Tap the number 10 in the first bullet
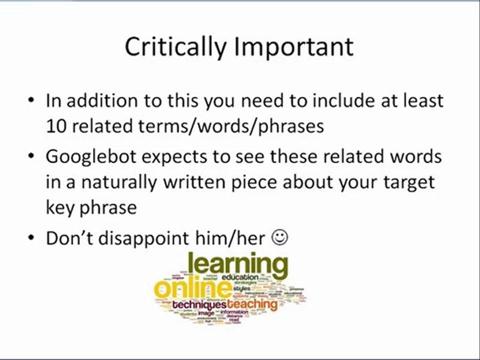coord(56,126)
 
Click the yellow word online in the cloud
coord(192,289)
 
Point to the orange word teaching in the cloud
coord(252,303)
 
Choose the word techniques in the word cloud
coord(199,304)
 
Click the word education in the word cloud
coord(240,277)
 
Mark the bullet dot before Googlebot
coord(31,157)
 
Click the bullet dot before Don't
coord(31,238)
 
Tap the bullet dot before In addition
coord(31,101)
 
